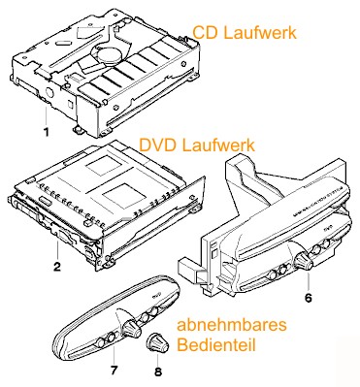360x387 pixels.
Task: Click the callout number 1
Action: click(x=47, y=132)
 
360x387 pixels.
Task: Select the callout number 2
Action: click(x=57, y=267)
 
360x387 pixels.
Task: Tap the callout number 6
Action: click(x=309, y=298)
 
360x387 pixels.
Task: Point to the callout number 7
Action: click(x=114, y=370)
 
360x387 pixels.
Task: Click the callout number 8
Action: click(x=158, y=371)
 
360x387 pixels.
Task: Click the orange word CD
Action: click(x=205, y=33)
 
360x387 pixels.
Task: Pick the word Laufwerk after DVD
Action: click(x=218, y=145)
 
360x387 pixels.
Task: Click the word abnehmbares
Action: click(x=232, y=325)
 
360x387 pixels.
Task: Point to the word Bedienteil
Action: click(x=216, y=345)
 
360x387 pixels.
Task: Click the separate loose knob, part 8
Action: click(x=158, y=344)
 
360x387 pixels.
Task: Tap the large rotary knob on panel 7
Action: click(x=131, y=329)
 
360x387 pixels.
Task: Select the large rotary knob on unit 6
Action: click(x=304, y=260)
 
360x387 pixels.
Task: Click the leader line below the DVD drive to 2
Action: click(x=57, y=250)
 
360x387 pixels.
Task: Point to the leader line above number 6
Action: click(x=308, y=280)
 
